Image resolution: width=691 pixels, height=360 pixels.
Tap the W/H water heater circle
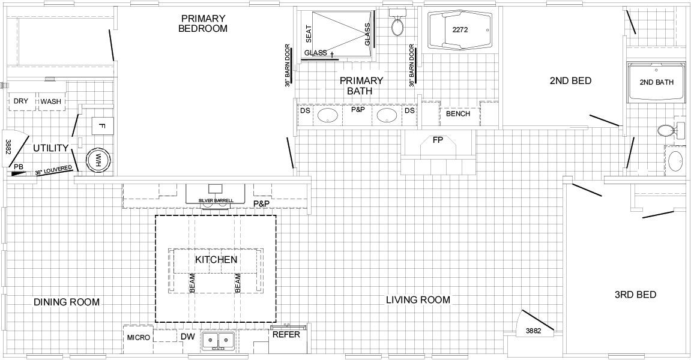click(x=97, y=160)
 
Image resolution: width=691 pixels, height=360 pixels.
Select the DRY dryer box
click(x=21, y=101)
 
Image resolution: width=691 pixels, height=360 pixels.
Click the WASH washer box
click(x=51, y=101)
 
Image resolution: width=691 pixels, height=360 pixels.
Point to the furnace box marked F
click(x=103, y=126)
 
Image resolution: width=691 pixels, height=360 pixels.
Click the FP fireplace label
click(x=438, y=140)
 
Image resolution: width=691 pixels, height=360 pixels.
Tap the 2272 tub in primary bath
click(x=460, y=30)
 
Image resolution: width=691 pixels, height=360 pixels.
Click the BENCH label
click(x=458, y=113)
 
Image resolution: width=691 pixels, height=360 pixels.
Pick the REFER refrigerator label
click(x=286, y=334)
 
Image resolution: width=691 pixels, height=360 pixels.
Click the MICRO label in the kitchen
click(x=138, y=338)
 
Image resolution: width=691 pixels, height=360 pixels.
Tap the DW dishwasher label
click(x=187, y=337)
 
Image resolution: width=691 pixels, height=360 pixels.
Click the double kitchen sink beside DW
click(x=218, y=341)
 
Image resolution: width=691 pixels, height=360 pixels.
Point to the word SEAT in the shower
click(x=309, y=34)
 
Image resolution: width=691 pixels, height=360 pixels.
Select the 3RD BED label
click(x=636, y=295)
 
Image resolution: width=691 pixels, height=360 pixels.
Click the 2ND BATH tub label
click(x=657, y=82)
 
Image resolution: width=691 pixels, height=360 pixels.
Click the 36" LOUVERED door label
click(x=53, y=170)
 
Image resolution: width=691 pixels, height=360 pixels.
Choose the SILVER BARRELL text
click(x=216, y=200)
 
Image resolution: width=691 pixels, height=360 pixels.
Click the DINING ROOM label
click(x=67, y=302)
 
